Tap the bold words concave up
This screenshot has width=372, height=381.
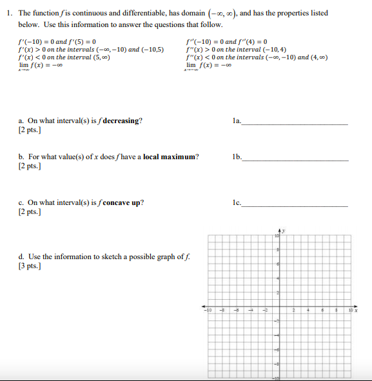pyautogui.click(x=123, y=202)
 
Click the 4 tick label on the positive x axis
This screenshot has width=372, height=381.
pyautogui.click(x=308, y=311)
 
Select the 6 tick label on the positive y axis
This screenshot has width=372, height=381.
pyautogui.click(x=277, y=264)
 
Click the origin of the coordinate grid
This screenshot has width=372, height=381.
pyautogui.click(x=280, y=306)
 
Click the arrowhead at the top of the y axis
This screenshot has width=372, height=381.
pyautogui.click(x=280, y=230)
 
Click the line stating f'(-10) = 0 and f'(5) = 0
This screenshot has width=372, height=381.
pyautogui.click(x=57, y=42)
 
